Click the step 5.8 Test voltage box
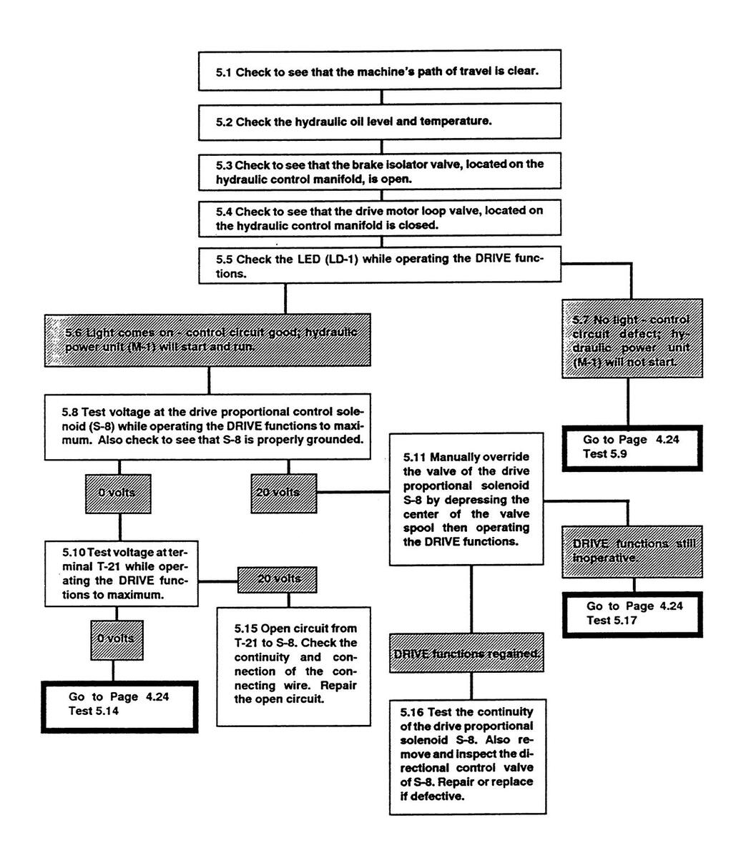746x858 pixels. click(x=208, y=426)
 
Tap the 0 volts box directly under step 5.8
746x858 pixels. click(x=118, y=493)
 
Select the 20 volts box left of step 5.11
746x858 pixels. click(x=284, y=493)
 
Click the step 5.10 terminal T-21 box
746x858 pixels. click(x=119, y=573)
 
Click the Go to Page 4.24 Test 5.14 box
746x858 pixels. click(x=119, y=706)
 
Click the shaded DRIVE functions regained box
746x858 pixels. click(x=467, y=654)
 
